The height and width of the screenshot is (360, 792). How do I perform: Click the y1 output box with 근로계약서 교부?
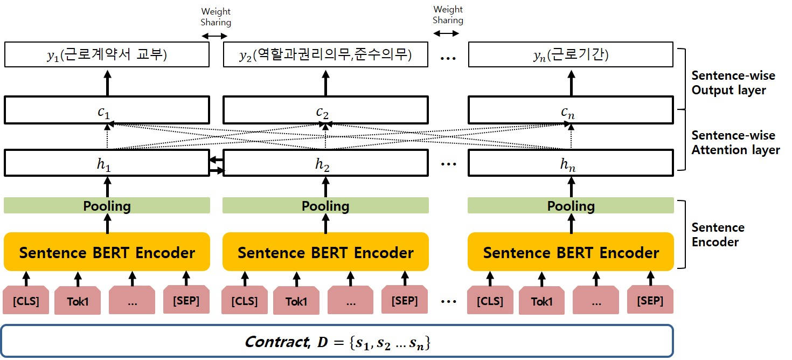coord(107,55)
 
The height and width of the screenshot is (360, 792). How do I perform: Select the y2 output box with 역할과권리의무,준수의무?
coord(325,55)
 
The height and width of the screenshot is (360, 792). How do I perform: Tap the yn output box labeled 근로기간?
coord(571,55)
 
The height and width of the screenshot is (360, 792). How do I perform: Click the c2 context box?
coord(325,110)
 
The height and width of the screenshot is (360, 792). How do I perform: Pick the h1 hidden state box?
coord(107,163)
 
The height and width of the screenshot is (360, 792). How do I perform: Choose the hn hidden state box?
coord(571,163)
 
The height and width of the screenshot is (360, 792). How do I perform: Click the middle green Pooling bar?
coord(325,206)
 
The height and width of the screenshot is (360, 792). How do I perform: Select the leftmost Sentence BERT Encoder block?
coord(107,252)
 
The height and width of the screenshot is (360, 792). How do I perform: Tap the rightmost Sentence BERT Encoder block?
coord(571,252)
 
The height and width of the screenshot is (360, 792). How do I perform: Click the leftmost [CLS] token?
coord(26,301)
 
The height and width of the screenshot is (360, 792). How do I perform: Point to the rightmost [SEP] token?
coord(650,300)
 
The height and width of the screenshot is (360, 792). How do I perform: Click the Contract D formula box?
coord(337,342)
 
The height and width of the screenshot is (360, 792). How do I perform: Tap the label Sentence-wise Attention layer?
coord(735,143)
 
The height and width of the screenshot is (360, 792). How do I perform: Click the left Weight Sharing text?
coord(216,17)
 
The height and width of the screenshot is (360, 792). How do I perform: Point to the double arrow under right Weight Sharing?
coord(447,33)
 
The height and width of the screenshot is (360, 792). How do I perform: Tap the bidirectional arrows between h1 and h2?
coord(216,165)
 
